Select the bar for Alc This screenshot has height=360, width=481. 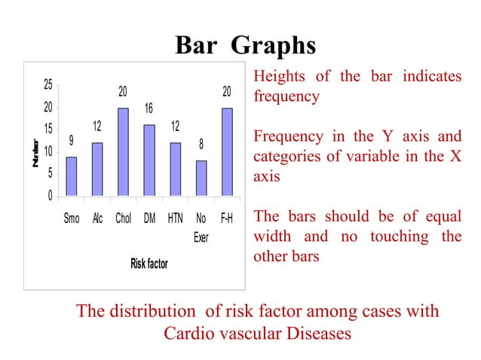pos(97,170)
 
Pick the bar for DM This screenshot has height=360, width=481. pos(149,161)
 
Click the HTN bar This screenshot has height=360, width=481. pos(175,170)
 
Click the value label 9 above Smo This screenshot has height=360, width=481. pos(71,141)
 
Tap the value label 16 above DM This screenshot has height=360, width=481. pos(149,110)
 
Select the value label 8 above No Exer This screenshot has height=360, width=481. pos(201,144)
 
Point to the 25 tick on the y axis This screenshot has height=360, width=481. pos(47,85)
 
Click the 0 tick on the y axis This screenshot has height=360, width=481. pos(50,197)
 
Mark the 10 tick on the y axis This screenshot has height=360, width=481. pos(47,152)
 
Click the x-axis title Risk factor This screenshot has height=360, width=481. pos(149,264)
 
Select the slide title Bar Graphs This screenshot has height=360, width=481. pos(245,46)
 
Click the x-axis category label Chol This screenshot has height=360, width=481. pos(123,218)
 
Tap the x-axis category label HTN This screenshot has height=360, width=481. pos(175,218)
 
